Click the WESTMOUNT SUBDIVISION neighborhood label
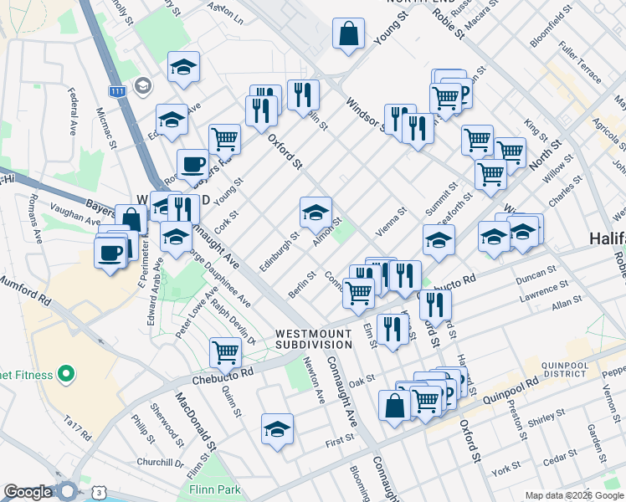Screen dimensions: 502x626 [x=314, y=339]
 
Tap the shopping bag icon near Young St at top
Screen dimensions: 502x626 [x=348, y=35]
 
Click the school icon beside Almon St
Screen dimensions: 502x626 [x=316, y=214]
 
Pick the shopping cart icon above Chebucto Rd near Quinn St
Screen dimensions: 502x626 [x=225, y=352]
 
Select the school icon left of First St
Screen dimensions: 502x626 [x=277, y=430]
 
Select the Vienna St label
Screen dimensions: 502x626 [x=390, y=221]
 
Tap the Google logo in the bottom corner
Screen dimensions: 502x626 [x=28, y=492]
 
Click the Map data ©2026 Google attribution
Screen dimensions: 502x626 [x=574, y=495]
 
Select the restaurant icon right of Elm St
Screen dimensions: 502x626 [x=393, y=329]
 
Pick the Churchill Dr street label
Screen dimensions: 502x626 [x=162, y=463]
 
